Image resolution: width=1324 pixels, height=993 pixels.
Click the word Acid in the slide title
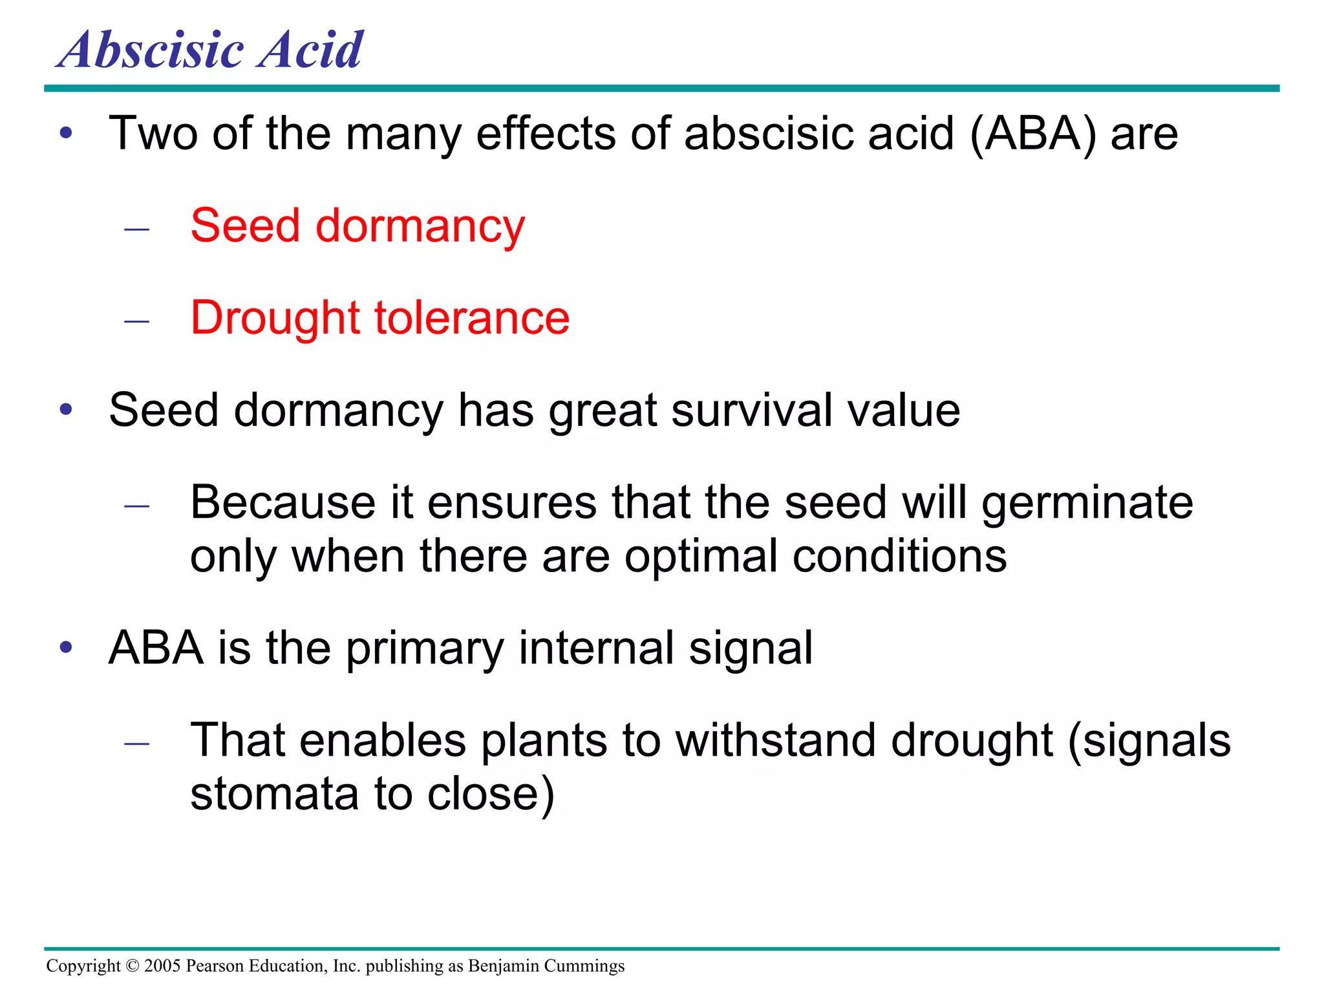[310, 50]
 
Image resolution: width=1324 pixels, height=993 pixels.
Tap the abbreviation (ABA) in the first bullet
[1032, 134]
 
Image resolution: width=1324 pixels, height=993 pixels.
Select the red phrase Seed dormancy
[358, 226]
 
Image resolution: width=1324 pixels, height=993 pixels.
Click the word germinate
[1087, 503]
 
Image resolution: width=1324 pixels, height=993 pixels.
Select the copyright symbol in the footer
[133, 966]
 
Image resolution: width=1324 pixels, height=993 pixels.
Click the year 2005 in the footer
[162, 966]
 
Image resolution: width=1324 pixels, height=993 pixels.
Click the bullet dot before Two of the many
[66, 134]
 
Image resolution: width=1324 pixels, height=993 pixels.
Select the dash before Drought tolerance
[136, 321]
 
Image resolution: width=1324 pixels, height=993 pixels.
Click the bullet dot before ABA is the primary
[66, 648]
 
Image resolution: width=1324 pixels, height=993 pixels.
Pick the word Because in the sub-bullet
[283, 503]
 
